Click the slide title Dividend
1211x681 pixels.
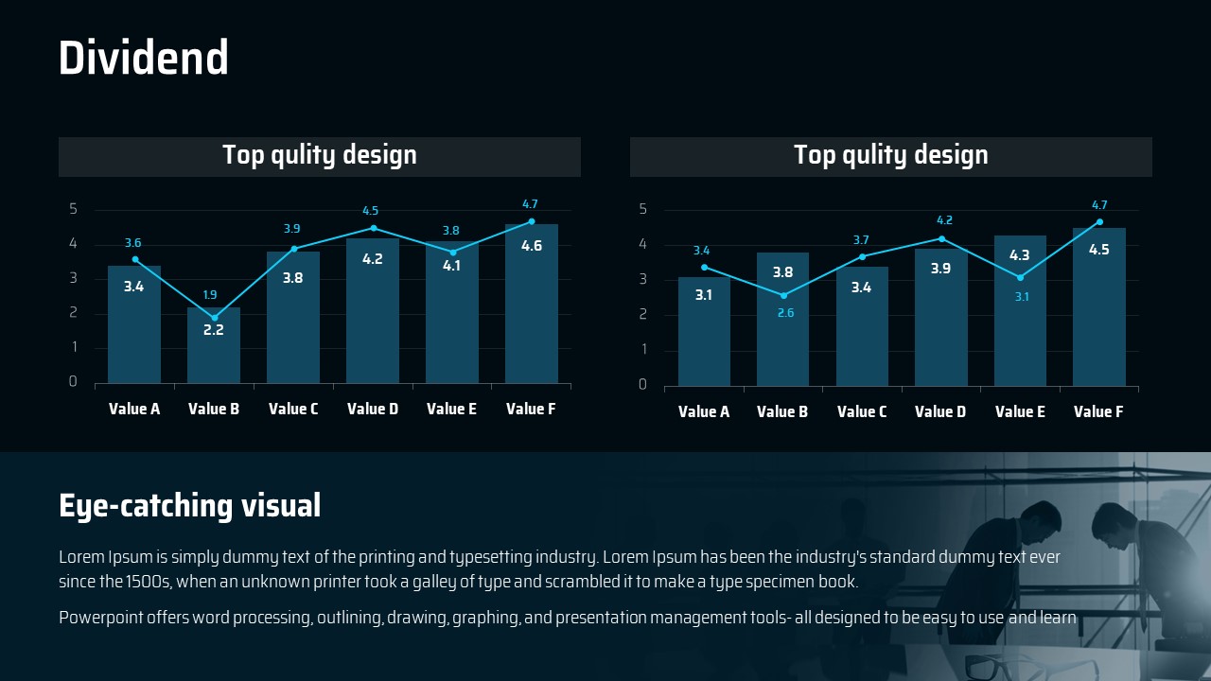[x=144, y=59]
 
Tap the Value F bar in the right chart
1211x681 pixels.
[x=1098, y=312]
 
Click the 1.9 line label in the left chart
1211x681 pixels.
[x=210, y=295]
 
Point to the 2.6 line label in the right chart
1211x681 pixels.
[x=785, y=313]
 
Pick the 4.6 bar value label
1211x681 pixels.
[x=532, y=246]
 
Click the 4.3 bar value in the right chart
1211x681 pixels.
[x=1020, y=255]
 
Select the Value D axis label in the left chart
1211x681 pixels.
[x=373, y=410]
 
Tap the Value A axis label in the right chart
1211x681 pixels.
[x=704, y=412]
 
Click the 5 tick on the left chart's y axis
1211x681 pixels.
[x=74, y=209]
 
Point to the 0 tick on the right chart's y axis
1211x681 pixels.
[x=643, y=385]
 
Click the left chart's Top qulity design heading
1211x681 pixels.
[x=319, y=156]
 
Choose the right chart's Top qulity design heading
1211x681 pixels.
[x=890, y=156]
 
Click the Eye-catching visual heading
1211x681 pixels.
[x=190, y=506]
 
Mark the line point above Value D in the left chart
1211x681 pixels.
[x=373, y=228]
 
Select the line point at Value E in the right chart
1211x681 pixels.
[x=1020, y=277]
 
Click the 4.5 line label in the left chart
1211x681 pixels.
[x=371, y=211]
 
